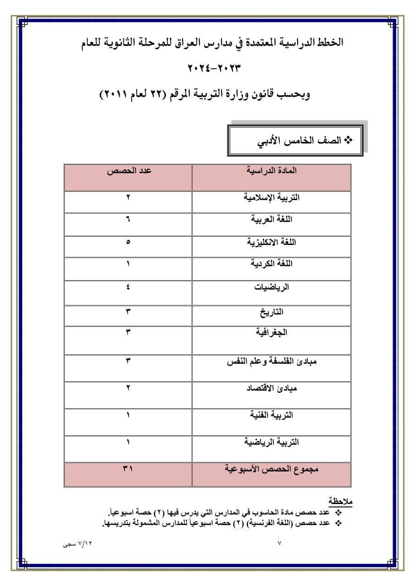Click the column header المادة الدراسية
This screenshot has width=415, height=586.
[x=271, y=171]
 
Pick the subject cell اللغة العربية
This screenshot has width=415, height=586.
[x=271, y=219]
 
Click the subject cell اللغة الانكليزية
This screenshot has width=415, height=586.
[x=271, y=242]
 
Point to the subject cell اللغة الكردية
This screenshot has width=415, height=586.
[x=271, y=264]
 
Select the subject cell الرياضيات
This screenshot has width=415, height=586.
[x=271, y=288]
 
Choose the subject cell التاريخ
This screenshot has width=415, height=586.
[x=271, y=312]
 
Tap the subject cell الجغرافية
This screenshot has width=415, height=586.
[x=271, y=332]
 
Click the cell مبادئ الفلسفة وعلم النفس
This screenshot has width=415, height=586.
[x=271, y=361]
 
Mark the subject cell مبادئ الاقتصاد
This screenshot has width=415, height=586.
[x=271, y=388]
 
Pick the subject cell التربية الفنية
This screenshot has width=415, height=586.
[x=271, y=415]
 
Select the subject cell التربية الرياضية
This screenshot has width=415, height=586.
[x=271, y=442]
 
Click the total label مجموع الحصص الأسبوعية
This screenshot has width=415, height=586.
[x=271, y=469]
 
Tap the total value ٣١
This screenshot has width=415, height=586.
[x=128, y=469]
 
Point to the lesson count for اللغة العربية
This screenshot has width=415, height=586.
[x=128, y=219]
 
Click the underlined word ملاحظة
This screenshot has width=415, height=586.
[x=340, y=500]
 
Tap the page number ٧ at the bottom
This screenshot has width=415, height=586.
[x=280, y=543]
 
